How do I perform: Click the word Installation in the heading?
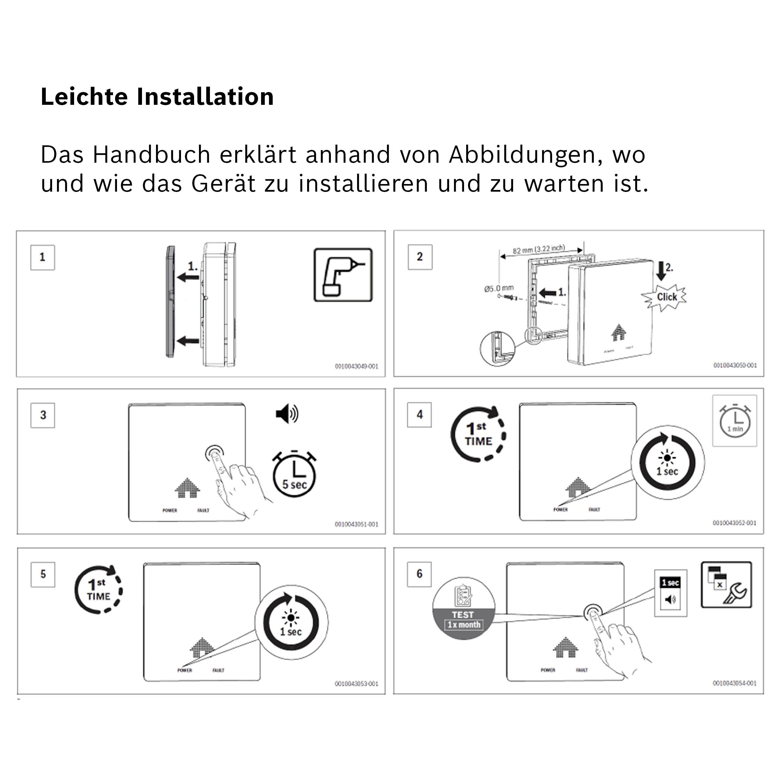(x=205, y=97)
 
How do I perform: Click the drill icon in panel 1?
(x=343, y=275)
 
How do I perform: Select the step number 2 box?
(x=420, y=257)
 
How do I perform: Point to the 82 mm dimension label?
(x=539, y=250)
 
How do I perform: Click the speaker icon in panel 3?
(x=287, y=414)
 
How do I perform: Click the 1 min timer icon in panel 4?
(x=734, y=421)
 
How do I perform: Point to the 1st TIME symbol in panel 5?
(x=98, y=590)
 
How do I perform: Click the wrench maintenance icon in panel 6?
(x=726, y=585)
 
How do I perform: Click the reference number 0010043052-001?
(x=734, y=523)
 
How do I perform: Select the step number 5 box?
(x=43, y=574)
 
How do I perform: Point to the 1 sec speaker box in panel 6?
(x=670, y=593)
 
